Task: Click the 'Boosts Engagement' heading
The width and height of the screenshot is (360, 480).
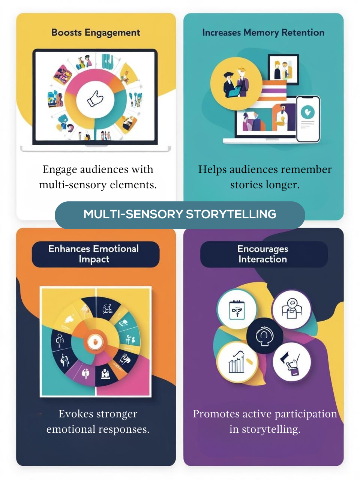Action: click(96, 33)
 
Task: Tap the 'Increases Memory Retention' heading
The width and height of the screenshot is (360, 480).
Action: click(263, 33)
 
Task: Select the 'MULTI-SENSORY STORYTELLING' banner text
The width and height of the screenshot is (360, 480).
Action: click(180, 214)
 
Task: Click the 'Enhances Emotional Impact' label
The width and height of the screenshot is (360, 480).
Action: click(94, 254)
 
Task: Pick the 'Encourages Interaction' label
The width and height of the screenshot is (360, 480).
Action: click(263, 254)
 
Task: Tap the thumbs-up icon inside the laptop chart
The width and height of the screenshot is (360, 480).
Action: click(95, 99)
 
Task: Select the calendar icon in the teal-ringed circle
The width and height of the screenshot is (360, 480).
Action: click(237, 310)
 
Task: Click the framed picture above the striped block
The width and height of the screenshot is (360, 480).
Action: click(283, 67)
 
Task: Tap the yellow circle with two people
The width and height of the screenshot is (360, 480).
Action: click(236, 83)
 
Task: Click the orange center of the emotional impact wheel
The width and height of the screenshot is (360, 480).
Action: click(95, 341)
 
